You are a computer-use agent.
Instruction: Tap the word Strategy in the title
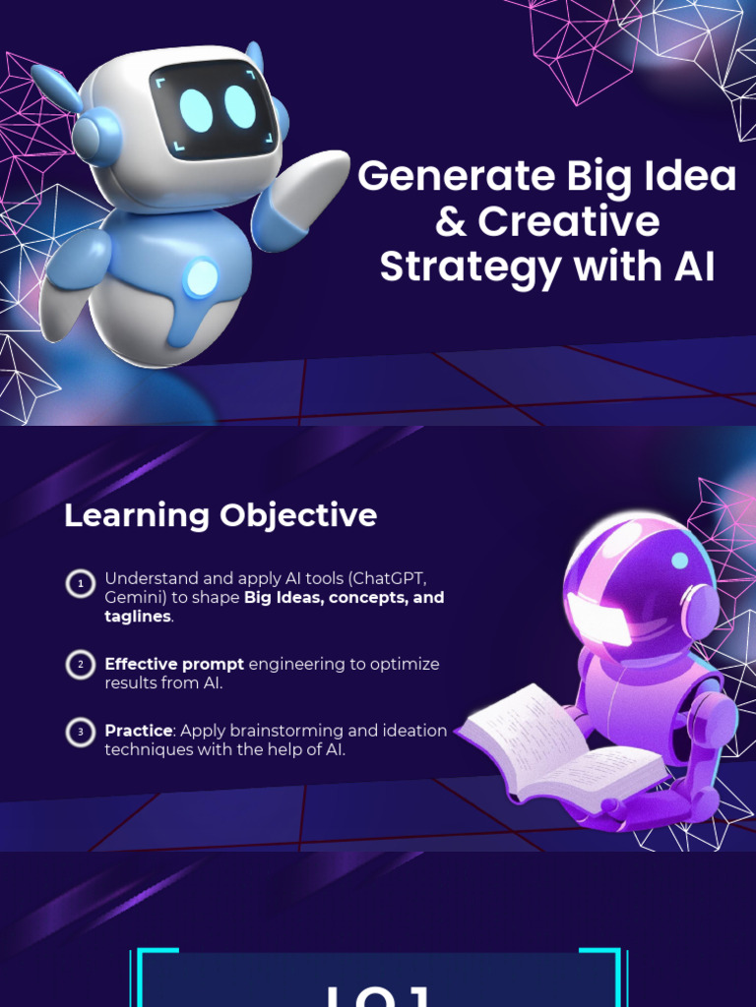click(x=468, y=267)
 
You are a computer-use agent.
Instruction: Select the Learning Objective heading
click(x=220, y=515)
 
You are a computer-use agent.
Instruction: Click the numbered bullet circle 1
click(x=80, y=584)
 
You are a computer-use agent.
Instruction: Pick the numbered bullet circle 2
click(x=80, y=665)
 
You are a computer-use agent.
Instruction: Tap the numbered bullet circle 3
click(x=80, y=732)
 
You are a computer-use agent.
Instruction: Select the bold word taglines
click(x=138, y=617)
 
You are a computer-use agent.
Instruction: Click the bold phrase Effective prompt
click(x=174, y=664)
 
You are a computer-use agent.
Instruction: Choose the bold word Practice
click(x=139, y=731)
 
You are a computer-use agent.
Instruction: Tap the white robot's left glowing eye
click(x=196, y=111)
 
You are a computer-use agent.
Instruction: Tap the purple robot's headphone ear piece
click(x=700, y=611)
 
